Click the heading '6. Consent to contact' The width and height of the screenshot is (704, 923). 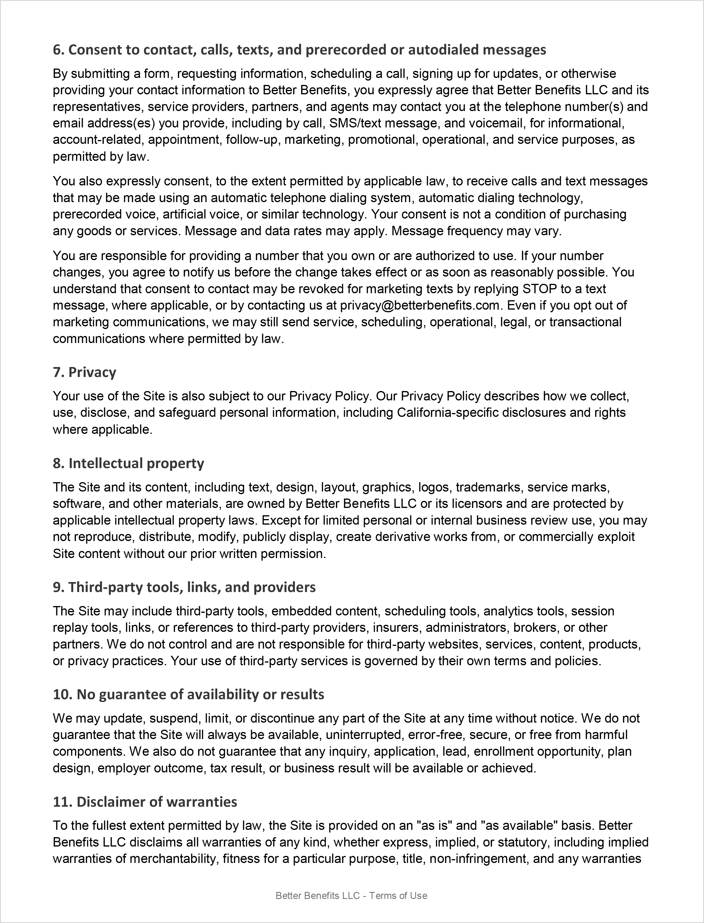click(299, 50)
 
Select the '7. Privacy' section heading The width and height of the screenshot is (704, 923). click(84, 372)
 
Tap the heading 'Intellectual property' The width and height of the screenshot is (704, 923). click(128, 463)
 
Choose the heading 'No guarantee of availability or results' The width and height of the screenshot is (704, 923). click(188, 695)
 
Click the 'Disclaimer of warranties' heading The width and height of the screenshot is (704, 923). click(145, 802)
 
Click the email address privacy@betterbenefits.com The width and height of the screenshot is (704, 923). click(420, 306)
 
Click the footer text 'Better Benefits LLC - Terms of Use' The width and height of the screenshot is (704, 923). click(351, 896)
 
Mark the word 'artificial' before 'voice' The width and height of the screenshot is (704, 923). click(184, 214)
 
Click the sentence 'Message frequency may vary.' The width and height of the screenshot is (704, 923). click(476, 231)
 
